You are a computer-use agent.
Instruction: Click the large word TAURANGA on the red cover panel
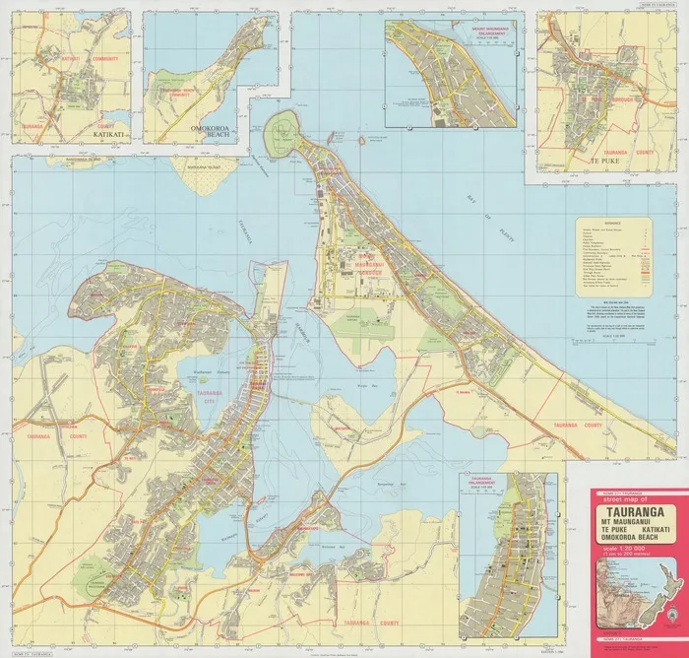626,512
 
